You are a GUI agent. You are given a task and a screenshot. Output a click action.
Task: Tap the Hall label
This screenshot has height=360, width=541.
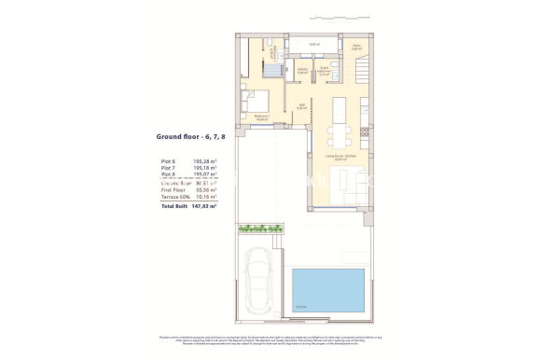pyautogui.click(x=301, y=106)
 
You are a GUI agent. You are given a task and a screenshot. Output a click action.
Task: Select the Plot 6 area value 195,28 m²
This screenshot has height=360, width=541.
pyautogui.click(x=205, y=161)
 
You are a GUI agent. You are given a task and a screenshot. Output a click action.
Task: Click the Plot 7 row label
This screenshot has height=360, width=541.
pyautogui.click(x=168, y=168)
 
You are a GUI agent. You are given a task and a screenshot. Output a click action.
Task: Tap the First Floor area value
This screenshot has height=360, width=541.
pyautogui.click(x=205, y=189)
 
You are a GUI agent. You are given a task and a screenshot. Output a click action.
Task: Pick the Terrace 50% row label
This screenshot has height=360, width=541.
pyautogui.click(x=175, y=197)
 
